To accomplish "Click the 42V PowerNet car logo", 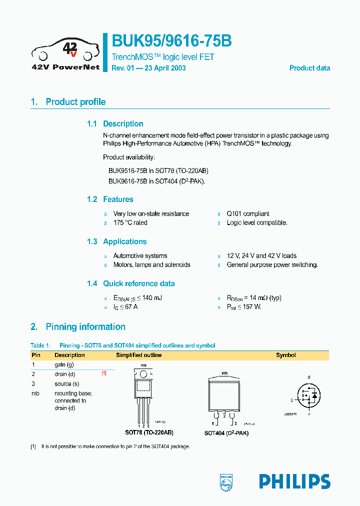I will [65, 52].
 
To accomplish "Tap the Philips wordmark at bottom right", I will [294, 481].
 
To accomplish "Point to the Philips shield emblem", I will [226, 481].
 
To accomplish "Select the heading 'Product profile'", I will [75, 102].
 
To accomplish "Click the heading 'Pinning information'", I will [85, 327].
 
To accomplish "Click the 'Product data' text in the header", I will [309, 68].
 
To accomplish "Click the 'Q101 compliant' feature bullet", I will [248, 213].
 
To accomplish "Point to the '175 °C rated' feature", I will [130, 223].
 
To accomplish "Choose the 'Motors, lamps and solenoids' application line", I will [151, 265].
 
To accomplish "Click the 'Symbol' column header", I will [286, 355].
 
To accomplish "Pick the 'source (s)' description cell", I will [67, 384].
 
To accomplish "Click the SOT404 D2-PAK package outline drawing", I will [225, 398].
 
